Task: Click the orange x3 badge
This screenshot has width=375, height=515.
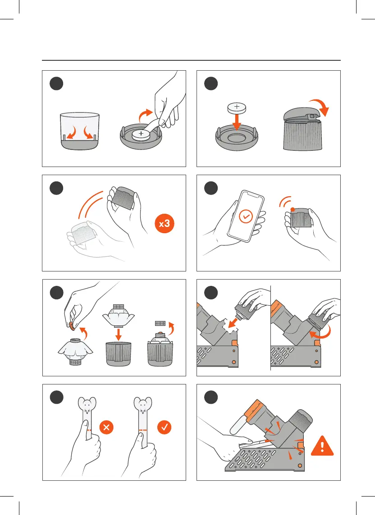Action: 164,224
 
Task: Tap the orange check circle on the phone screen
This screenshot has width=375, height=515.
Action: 245,217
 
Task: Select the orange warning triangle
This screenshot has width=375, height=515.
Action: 322,446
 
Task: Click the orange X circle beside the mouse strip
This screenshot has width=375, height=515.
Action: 106,427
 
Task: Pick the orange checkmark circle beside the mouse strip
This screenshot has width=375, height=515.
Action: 164,427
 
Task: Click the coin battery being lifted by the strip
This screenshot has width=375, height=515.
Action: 141,134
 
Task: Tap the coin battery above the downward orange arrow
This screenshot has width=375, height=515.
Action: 237,107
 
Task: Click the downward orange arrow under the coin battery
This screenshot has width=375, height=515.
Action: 237,122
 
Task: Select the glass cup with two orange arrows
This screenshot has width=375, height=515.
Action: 80,131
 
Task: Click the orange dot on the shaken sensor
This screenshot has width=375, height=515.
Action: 293,209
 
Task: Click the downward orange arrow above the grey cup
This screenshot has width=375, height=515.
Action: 119,334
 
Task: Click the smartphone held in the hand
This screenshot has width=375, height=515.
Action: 245,216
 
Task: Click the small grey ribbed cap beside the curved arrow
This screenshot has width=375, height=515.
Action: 160,324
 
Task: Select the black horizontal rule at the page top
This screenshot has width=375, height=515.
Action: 191,60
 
